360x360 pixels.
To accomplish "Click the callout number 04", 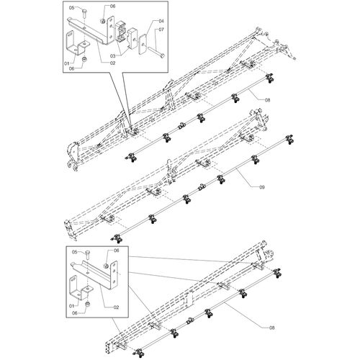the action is coord(161,21).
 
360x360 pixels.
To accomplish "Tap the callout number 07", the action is coord(161,30).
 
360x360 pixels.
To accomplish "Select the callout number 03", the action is coord(112,56).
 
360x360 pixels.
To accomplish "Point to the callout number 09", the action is coord(262,187).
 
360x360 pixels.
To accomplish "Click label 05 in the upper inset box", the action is coord(72,8).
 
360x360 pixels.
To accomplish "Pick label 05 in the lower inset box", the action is coord(75,252).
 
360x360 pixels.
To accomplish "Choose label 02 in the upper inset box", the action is coord(112,63).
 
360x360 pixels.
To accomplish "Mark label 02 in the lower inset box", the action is coord(116,307).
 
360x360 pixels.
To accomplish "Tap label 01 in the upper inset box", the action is coord(67,63).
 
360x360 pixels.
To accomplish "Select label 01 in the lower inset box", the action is coord(71,306).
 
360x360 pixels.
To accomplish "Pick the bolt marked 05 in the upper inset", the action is coord(84,13).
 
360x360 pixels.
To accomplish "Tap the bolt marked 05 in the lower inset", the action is coord(88,254).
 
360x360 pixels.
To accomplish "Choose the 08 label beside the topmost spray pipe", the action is coord(267,99).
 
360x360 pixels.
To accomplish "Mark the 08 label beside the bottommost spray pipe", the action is coord(271,328).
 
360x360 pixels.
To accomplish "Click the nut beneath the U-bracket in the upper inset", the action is coord(85,59).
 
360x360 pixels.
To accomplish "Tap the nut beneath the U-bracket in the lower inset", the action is coord(88,305).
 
